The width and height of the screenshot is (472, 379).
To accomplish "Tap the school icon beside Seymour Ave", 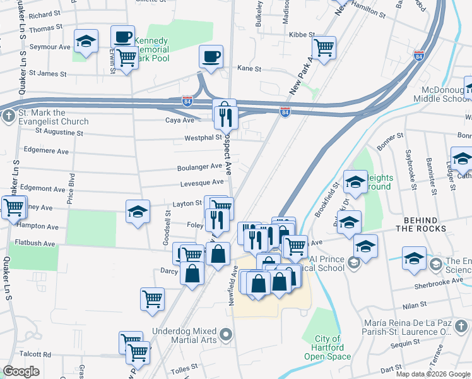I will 86,42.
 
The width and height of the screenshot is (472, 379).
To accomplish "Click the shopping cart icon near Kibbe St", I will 324,47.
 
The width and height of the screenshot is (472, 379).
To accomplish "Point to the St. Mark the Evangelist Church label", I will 53,117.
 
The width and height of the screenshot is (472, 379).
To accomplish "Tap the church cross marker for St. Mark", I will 8,116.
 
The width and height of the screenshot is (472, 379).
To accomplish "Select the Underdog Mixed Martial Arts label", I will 185,335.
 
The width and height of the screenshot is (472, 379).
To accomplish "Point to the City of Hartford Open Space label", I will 327,347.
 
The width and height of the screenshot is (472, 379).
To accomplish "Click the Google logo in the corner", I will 21,371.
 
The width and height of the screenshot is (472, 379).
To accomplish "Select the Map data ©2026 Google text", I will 433,374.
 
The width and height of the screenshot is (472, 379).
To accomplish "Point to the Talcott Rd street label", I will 35,355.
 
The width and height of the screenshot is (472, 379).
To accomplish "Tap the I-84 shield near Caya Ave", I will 187,100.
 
